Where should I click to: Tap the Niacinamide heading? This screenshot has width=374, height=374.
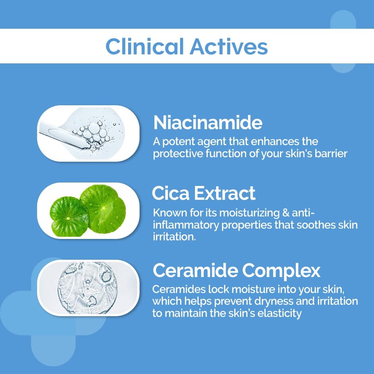207,122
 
